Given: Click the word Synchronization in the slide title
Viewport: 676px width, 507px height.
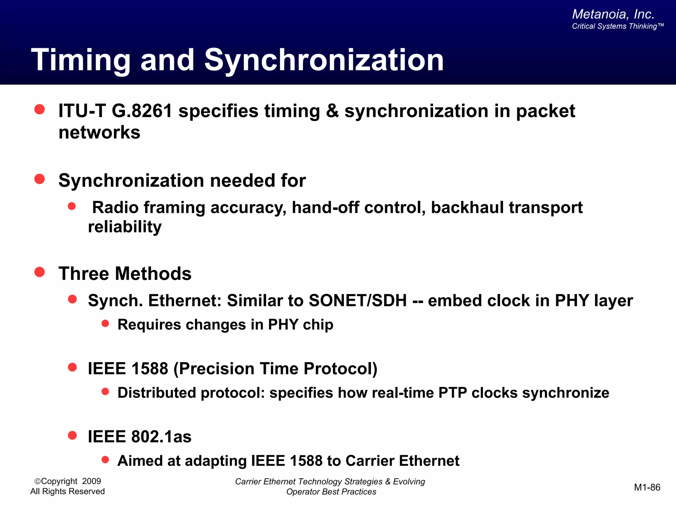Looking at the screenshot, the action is [x=324, y=60].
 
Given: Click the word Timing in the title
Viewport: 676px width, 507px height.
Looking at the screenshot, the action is [x=81, y=60].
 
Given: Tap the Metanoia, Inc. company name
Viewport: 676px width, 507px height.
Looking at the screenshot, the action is [x=613, y=14].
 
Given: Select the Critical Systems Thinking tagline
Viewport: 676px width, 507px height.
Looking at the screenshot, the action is [x=617, y=26].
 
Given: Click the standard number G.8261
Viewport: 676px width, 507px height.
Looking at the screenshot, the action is [x=142, y=111].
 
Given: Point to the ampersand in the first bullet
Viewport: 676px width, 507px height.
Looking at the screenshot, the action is [x=332, y=111].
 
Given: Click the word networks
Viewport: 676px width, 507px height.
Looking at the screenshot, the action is [x=99, y=132].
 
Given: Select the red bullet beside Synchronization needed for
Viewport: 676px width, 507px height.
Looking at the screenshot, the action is [x=40, y=179].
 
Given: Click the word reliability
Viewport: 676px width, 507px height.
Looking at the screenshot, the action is [x=125, y=227].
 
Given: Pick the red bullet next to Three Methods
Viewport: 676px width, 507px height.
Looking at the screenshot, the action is [x=40, y=272].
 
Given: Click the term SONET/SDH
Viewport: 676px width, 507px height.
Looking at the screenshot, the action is [x=358, y=301].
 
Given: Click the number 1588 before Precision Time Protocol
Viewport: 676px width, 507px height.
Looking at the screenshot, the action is [x=150, y=369].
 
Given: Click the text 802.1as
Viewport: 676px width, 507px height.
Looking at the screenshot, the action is [x=161, y=437].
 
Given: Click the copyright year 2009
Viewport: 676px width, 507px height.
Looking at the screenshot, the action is [x=91, y=481].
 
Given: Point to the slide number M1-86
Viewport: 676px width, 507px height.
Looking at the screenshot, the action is [x=647, y=488].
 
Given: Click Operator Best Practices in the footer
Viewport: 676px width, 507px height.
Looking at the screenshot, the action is [x=331, y=492].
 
